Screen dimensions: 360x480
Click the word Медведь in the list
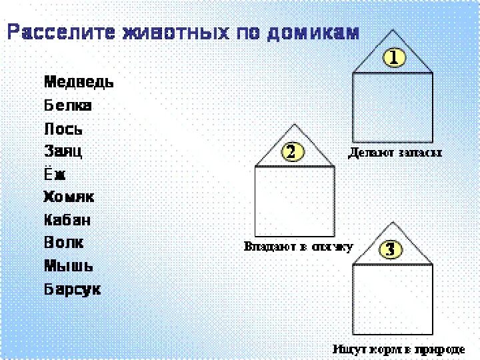[79, 83]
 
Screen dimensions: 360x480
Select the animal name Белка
[68, 105]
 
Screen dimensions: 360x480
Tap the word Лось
[63, 129]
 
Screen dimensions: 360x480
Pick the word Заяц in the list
[63, 151]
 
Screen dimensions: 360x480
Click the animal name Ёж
[55, 175]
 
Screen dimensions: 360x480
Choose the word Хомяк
[69, 197]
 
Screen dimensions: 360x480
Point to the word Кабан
[67, 220]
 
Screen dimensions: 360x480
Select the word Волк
[64, 243]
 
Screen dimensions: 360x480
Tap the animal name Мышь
[69, 266]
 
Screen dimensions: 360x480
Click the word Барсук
[73, 289]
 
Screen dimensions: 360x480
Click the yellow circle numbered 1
[393, 58]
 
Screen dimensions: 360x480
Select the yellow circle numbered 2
[291, 152]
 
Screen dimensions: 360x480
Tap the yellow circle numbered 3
[391, 249]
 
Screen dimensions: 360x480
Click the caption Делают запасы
[395, 153]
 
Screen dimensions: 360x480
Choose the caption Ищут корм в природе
[399, 348]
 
